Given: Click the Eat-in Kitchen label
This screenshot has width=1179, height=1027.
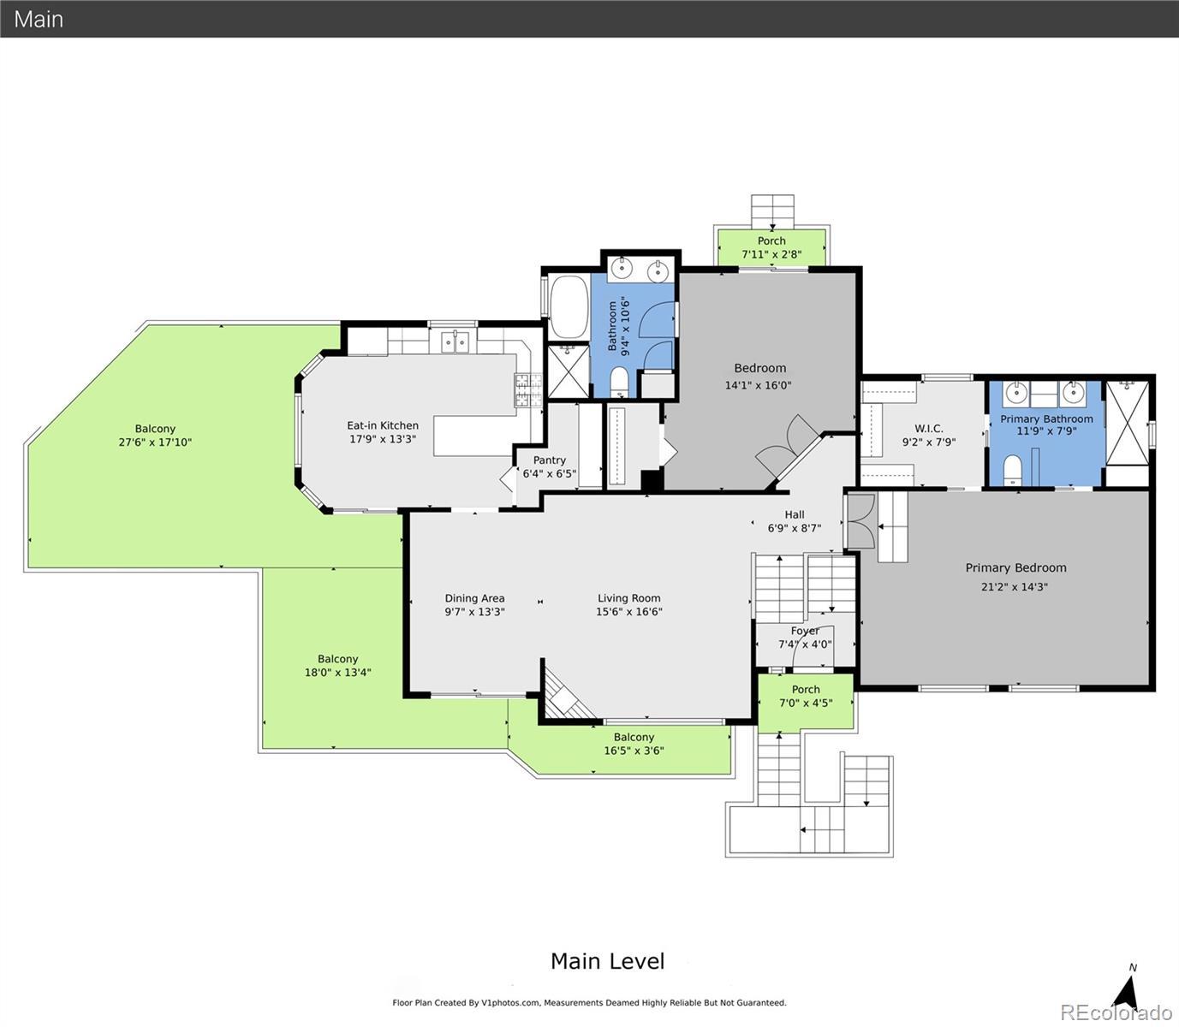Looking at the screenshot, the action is click(x=383, y=425).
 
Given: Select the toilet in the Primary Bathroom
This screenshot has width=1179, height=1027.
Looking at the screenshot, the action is click(x=1012, y=471).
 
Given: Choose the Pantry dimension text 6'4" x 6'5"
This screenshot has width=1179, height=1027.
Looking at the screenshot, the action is click(x=549, y=474).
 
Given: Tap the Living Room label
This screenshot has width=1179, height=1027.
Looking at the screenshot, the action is click(x=628, y=598).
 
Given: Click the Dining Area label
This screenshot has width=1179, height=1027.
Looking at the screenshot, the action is click(x=474, y=598).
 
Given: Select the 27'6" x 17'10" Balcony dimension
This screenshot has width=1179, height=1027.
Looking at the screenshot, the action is click(x=155, y=442).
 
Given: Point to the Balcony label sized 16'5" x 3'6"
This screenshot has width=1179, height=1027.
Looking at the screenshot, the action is click(x=634, y=737).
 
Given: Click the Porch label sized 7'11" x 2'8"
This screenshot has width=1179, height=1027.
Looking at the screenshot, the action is click(x=771, y=240).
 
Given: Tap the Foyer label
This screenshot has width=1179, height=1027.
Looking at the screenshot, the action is click(x=805, y=631).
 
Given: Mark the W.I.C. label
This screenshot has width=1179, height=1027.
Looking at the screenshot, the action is click(x=929, y=429).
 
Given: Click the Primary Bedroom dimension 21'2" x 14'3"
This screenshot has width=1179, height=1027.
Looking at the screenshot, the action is click(x=1015, y=587).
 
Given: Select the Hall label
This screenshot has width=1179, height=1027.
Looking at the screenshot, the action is click(x=795, y=514).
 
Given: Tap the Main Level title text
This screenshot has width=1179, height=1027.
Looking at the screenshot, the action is click(x=607, y=961).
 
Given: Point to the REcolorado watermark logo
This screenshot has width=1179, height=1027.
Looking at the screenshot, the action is click(x=1116, y=1012).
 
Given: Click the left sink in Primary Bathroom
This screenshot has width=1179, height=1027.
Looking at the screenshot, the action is click(x=1016, y=393).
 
